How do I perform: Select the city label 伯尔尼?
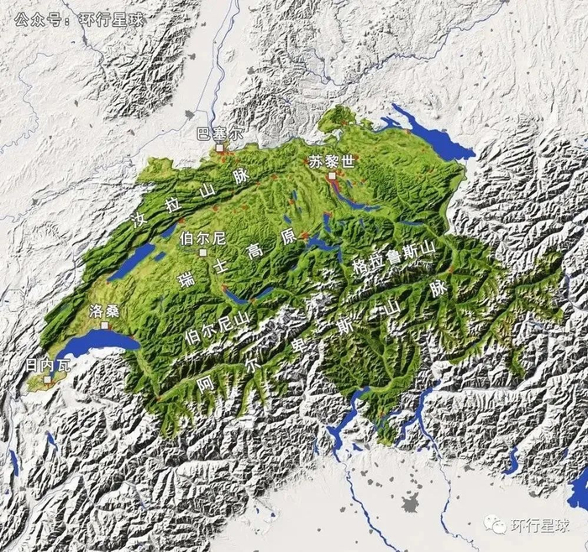[203, 238]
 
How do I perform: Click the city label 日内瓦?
[43, 365]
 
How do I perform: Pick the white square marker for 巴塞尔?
[220, 147]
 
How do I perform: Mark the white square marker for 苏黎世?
[333, 176]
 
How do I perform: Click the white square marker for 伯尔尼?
[202, 252]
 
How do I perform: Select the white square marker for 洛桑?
[105, 324]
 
